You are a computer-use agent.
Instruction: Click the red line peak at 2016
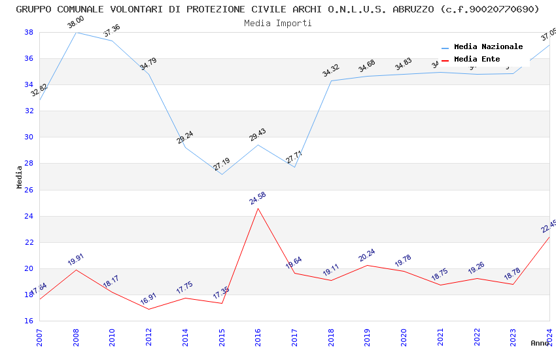click(x=258, y=208)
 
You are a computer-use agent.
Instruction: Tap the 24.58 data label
click(x=258, y=198)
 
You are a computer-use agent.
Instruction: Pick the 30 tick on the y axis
click(x=29, y=137)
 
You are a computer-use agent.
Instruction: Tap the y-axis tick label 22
click(x=29, y=242)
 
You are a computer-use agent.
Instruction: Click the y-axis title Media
click(x=20, y=177)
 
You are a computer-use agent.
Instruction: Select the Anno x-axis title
click(x=540, y=343)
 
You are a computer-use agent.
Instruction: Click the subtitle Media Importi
click(x=278, y=23)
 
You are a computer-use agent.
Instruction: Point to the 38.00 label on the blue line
click(x=77, y=24)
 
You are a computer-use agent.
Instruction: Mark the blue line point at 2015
click(x=222, y=174)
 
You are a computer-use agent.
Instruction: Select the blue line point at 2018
click(x=332, y=81)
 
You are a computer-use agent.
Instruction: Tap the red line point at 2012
click(x=149, y=309)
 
